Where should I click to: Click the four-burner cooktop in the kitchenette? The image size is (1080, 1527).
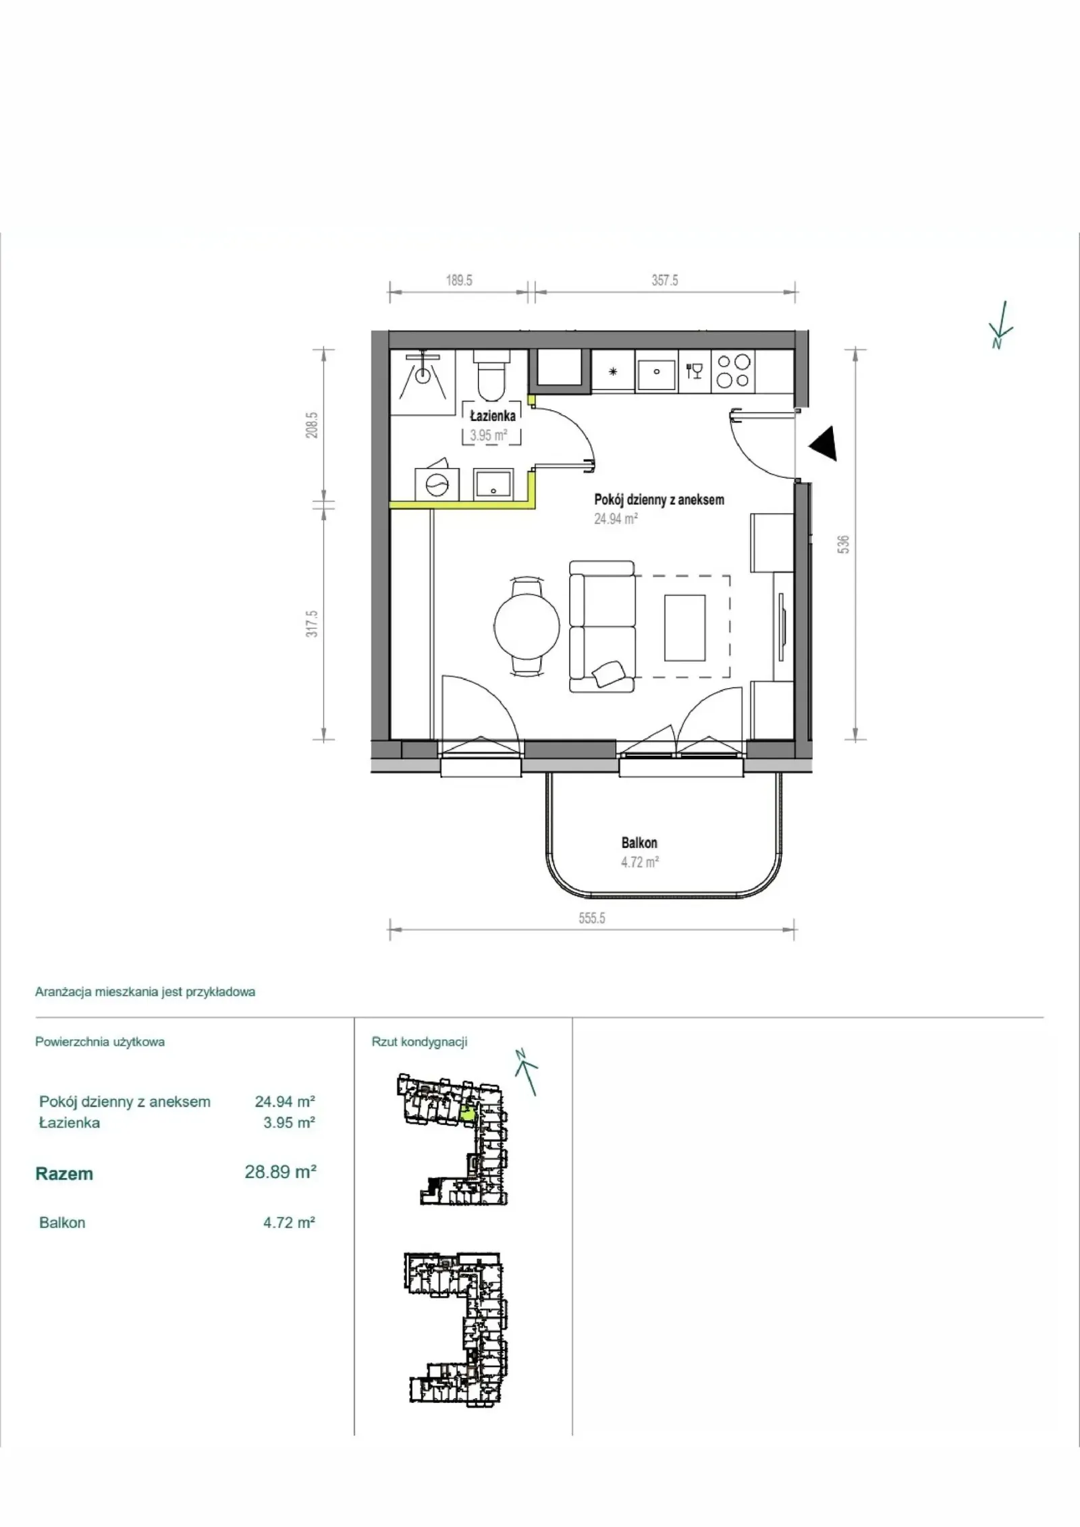pyautogui.click(x=733, y=370)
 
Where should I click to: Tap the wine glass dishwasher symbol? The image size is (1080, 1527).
pyautogui.click(x=695, y=370)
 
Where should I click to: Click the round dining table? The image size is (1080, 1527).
pyautogui.click(x=527, y=625)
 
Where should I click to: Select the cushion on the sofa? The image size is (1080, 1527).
pyautogui.click(x=610, y=673)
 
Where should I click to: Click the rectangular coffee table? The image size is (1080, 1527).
pyautogui.click(x=684, y=628)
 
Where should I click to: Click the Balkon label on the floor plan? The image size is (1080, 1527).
pyautogui.click(x=639, y=843)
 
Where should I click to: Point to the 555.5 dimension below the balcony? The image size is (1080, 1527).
pyautogui.click(x=591, y=918)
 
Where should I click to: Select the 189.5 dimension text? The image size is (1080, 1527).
pyautogui.click(x=459, y=280)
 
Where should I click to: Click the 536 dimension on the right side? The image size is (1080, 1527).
pyautogui.click(x=843, y=545)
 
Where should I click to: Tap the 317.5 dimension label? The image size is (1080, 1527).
pyautogui.click(x=311, y=623)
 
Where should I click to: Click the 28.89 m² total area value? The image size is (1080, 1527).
pyautogui.click(x=281, y=1172)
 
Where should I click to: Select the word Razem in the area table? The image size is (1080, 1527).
pyautogui.click(x=64, y=1173)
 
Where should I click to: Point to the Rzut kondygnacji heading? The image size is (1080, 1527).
pyautogui.click(x=420, y=1042)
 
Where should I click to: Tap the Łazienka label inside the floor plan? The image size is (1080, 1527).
pyautogui.click(x=493, y=416)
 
